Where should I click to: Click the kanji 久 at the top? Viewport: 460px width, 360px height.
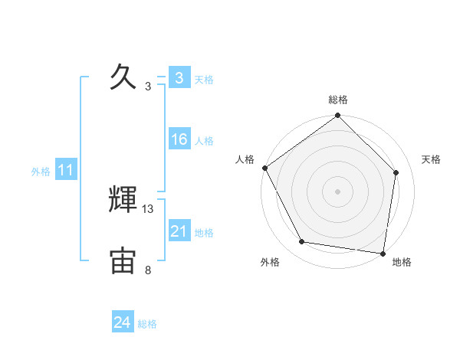point(123,77)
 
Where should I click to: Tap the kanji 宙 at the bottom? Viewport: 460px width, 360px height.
point(123,260)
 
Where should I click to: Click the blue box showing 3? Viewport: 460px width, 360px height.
point(179,78)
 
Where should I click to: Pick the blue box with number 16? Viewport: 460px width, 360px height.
point(179,139)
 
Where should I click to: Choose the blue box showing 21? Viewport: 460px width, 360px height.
point(179,231)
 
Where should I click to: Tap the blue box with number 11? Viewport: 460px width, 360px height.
point(66,171)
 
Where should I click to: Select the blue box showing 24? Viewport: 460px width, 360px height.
point(123,323)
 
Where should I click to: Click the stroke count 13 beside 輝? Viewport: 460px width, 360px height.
point(148,208)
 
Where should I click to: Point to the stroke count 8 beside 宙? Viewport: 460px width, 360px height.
point(148,270)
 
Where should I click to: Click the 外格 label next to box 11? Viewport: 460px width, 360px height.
point(41,172)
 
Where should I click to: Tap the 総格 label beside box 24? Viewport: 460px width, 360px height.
point(147,324)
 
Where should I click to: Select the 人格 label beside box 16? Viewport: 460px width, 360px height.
point(204,141)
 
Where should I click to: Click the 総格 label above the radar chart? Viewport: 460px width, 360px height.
point(338,100)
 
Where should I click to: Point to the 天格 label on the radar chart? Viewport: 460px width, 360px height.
point(431,159)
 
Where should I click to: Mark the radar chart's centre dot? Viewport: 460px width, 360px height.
point(338,191)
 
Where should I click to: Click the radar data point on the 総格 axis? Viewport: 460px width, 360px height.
point(338,116)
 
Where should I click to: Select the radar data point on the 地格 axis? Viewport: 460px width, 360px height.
point(383,252)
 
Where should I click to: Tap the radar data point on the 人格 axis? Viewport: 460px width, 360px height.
point(264,168)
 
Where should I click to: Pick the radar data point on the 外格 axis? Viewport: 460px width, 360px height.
point(302,242)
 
